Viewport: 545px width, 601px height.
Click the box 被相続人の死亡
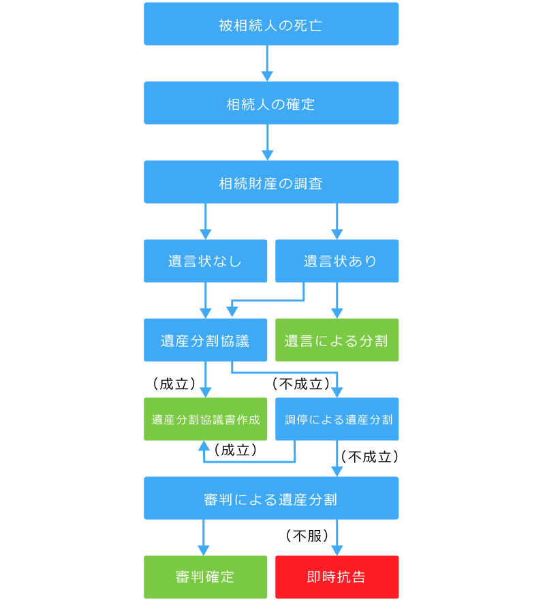pyautogui.click(x=271, y=24)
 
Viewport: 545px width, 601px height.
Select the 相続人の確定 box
pyautogui.click(x=271, y=103)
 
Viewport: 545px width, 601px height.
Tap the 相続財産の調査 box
pyautogui.click(x=271, y=182)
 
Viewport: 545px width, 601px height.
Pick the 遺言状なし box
pyautogui.click(x=206, y=261)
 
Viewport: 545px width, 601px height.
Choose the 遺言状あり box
pyautogui.click(x=337, y=261)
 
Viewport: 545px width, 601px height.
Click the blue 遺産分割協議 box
pyautogui.click(x=206, y=340)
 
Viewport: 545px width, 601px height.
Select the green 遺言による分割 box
pyautogui.click(x=337, y=340)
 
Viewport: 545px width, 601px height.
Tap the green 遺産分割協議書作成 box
pyautogui.click(x=206, y=419)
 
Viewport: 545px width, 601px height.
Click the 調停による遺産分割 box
pyautogui.click(x=337, y=419)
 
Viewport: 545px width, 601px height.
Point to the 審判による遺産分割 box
pyautogui.click(x=271, y=498)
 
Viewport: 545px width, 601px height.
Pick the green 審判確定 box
pyautogui.click(x=206, y=577)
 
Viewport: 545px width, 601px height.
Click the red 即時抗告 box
pyautogui.click(x=337, y=577)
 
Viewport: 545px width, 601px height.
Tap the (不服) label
pyautogui.click(x=307, y=536)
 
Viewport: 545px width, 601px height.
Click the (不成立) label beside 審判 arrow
pyautogui.click(x=369, y=457)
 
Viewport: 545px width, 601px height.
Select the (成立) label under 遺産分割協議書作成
pyautogui.click(x=235, y=450)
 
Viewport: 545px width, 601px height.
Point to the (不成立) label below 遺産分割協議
pyautogui.click(x=301, y=384)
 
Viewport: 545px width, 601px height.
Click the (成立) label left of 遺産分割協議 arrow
pyautogui.click(x=174, y=384)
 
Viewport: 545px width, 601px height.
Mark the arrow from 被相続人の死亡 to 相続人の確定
pyautogui.click(x=267, y=63)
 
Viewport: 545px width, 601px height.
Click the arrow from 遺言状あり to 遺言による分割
pyautogui.click(x=337, y=300)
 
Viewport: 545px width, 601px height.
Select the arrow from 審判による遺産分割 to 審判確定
pyautogui.click(x=204, y=538)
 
